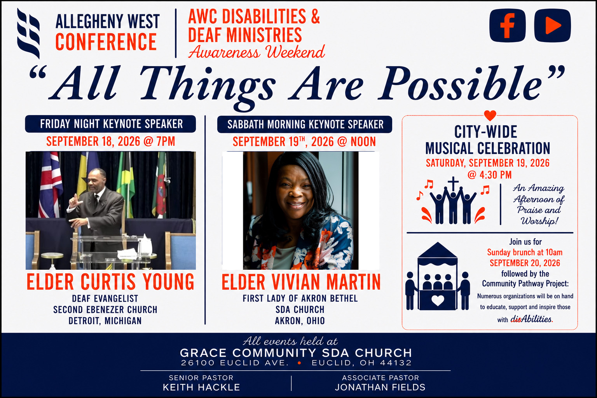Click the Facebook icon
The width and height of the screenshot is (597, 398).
[508, 26]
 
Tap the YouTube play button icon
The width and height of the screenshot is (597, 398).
[552, 26]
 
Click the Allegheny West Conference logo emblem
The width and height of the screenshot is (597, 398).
[28, 33]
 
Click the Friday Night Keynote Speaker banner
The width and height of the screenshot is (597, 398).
[110, 124]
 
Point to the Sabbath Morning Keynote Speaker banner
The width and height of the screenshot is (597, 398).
[305, 124]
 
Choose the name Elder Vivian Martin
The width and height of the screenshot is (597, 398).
[301, 282]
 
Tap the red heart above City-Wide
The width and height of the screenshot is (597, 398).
[490, 115]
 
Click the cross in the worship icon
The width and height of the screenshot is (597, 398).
[453, 184]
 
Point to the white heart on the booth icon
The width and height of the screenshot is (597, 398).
[438, 300]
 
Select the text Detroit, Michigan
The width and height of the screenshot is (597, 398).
[105, 321]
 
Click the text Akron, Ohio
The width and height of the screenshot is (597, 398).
[300, 321]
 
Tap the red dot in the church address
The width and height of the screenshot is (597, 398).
[300, 363]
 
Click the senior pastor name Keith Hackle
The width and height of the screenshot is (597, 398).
[201, 388]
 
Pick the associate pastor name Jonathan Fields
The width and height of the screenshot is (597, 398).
[381, 388]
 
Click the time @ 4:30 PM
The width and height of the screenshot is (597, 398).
[489, 175]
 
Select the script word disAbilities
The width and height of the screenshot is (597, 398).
[531, 319]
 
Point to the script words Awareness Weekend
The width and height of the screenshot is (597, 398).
[257, 52]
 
